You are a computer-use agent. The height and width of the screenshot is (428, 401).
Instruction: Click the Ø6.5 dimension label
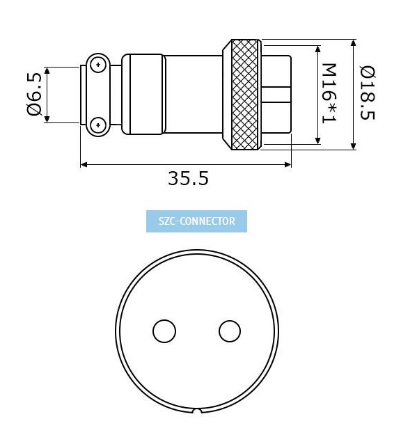pyautogui.click(x=34, y=95)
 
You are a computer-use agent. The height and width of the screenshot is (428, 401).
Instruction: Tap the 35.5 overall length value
pyautogui.click(x=188, y=179)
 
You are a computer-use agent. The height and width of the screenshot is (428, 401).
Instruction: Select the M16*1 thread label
pyautogui.click(x=329, y=93)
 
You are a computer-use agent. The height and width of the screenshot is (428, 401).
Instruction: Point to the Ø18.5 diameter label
pyautogui.click(x=368, y=93)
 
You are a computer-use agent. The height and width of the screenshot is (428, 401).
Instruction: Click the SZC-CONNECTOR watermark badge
pyautogui.click(x=196, y=221)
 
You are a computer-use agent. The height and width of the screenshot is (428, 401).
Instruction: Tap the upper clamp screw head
pyautogui.click(x=97, y=65)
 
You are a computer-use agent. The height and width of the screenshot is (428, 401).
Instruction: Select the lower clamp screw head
pyautogui.click(x=97, y=125)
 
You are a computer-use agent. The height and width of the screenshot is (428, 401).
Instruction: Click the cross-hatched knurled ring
pyautogui.click(x=245, y=95)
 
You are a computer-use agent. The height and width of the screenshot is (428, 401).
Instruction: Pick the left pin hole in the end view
pyautogui.click(x=164, y=331)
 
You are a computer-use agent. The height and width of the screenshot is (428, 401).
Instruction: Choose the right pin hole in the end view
pyautogui.click(x=230, y=331)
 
